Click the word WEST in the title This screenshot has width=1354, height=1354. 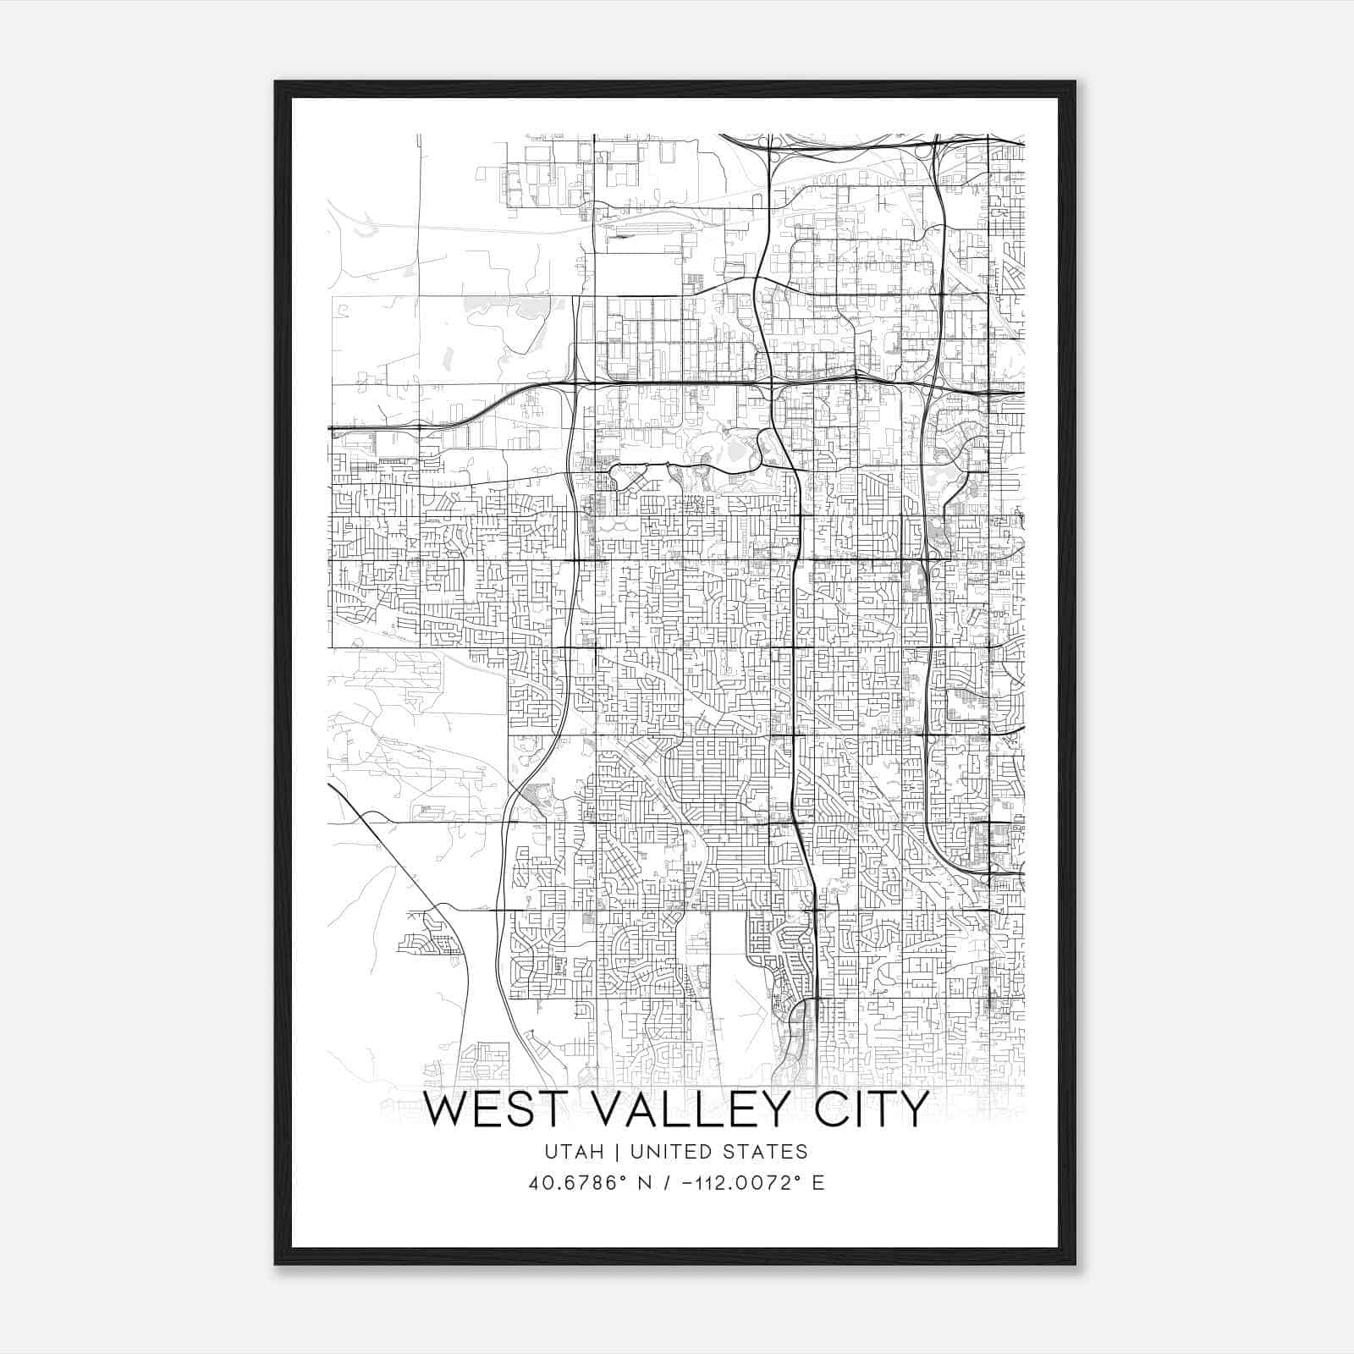coord(486,1109)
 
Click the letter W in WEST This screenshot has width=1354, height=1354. coord(443,1109)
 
